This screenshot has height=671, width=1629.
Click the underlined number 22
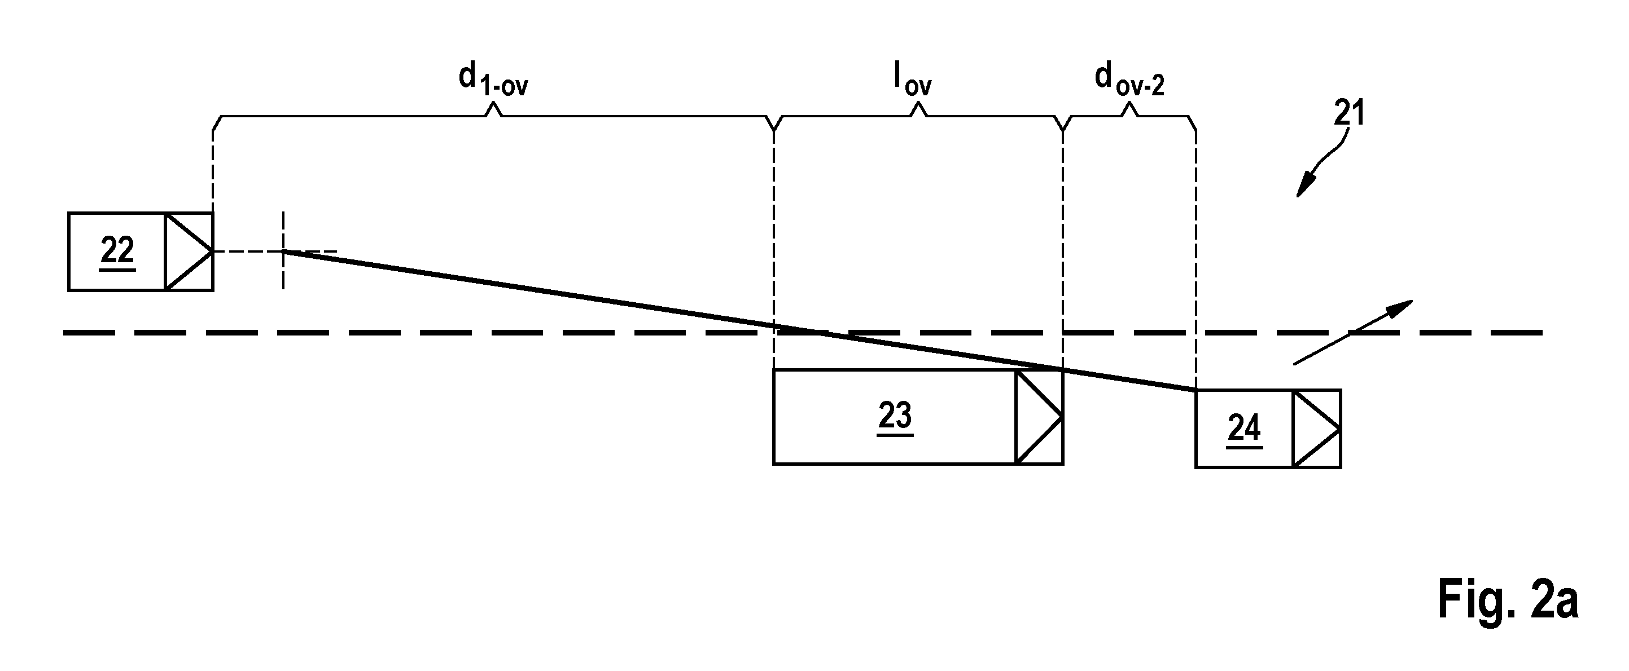tap(117, 252)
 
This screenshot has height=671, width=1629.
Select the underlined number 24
tap(1245, 430)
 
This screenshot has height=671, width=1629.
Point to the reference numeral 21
tap(1349, 114)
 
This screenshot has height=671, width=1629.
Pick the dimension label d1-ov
tap(493, 80)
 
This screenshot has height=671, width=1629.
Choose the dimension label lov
tap(913, 80)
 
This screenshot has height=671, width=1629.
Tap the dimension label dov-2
tap(1129, 80)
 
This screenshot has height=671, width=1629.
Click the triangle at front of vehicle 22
tap(188, 251)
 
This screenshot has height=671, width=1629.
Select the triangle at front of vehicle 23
tap(1039, 417)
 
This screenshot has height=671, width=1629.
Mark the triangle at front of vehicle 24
tap(1316, 429)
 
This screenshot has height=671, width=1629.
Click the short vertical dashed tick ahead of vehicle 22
tap(283, 251)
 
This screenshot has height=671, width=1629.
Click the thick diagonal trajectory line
tap(739, 321)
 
